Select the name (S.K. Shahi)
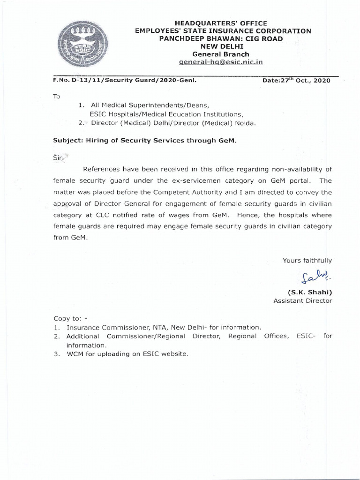(313, 292)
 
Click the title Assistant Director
(303, 301)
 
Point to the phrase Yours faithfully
(307, 261)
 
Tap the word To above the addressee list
(57, 96)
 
